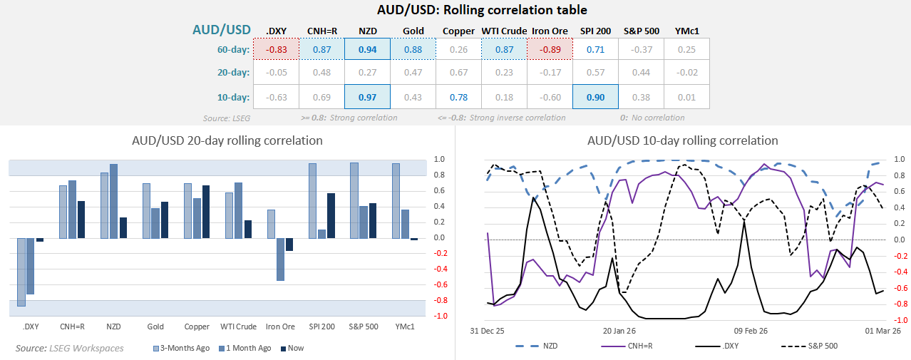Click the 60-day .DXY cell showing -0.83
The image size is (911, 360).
pos(277,50)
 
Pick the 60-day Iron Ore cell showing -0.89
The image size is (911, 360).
pos(550,50)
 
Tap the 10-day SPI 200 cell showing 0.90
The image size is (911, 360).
pos(595,96)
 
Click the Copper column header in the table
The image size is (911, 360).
pos(458,31)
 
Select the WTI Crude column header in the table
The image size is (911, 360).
pos(504,31)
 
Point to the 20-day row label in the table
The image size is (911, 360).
pos(234,73)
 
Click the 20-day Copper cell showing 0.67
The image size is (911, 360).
pos(458,73)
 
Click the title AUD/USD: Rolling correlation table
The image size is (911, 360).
pos(483,10)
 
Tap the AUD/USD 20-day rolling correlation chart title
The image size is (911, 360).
pos(227,140)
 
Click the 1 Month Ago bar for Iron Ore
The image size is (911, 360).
pos(280,259)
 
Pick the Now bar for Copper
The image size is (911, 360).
pos(205,211)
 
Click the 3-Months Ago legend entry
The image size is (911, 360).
pos(181,348)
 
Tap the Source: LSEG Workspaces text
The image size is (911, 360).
pos(69,348)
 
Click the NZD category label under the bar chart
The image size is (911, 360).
pos(113,326)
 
